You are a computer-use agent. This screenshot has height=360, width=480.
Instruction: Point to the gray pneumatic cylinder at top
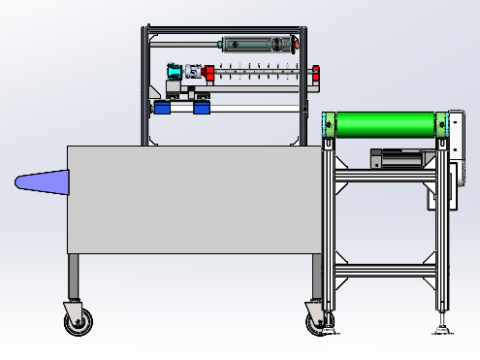[255, 44]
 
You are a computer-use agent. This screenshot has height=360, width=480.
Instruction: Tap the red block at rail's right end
[317, 73]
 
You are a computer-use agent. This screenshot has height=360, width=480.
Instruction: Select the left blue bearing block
[162, 107]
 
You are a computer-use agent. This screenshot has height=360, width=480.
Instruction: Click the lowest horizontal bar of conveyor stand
[385, 269]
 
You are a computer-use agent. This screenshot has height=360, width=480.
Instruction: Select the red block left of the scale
[210, 72]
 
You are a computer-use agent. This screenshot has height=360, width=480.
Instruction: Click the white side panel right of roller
[456, 135]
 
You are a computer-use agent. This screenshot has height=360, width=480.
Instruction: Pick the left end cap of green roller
[327, 125]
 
